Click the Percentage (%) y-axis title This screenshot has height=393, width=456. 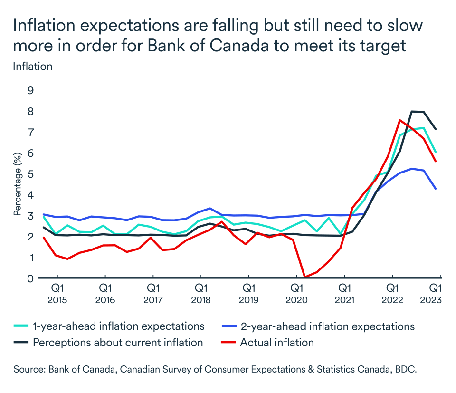click(18, 184)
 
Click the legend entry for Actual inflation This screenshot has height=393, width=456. click(276, 343)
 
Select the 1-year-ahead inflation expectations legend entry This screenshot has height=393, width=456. click(118, 326)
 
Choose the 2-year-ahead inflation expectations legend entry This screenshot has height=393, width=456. click(327, 326)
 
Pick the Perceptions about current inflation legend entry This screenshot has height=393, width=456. click(117, 343)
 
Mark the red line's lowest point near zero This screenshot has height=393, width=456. click(304, 277)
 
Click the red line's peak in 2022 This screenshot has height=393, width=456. click(400, 120)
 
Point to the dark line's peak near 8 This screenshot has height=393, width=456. click(411, 111)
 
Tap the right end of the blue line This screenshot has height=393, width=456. click(436, 189)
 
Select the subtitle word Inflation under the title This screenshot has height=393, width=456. click(32, 66)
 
